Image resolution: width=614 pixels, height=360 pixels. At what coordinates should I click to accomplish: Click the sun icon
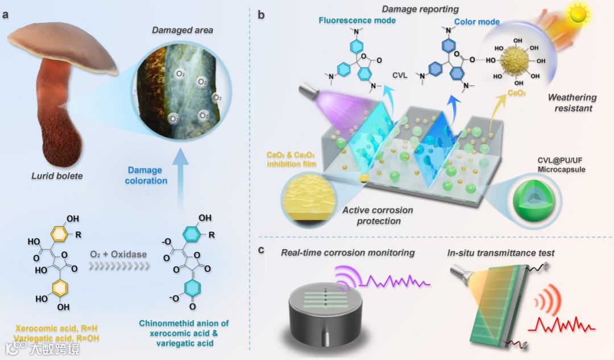578,15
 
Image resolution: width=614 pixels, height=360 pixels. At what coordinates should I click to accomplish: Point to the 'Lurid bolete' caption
57,176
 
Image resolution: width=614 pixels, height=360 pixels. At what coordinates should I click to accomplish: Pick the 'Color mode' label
477,22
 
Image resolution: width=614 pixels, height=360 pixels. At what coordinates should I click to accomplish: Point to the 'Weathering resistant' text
572,102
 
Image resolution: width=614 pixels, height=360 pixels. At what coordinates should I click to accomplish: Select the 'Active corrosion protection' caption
378,216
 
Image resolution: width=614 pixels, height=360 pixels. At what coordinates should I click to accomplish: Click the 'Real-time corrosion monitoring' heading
348,252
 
